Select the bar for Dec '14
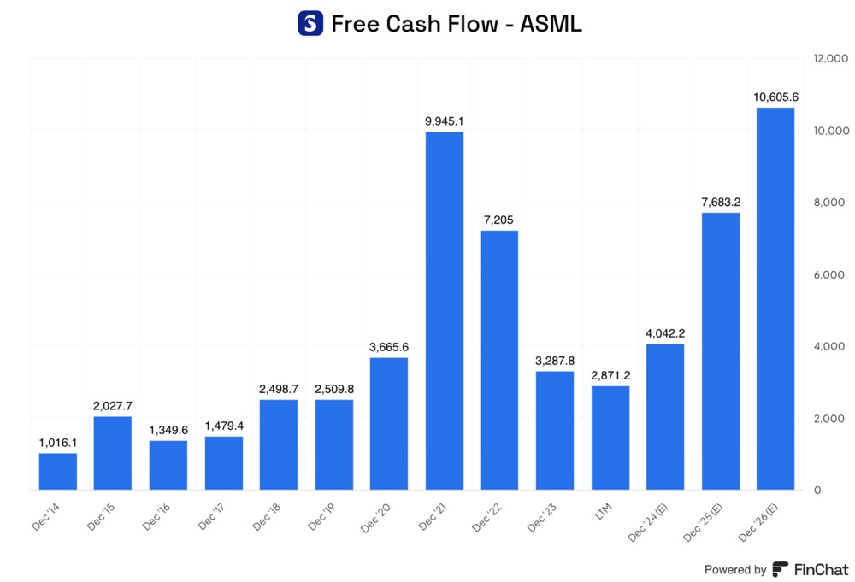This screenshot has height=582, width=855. [x=57, y=471]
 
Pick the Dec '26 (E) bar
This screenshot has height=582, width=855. [x=775, y=298]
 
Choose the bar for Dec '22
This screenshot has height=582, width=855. [x=499, y=360]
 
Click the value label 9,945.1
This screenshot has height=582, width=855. [x=444, y=121]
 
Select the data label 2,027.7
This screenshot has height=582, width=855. [x=113, y=406]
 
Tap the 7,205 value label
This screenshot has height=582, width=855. [x=499, y=220]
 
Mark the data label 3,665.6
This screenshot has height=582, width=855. [x=389, y=347]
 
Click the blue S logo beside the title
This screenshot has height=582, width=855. [x=310, y=23]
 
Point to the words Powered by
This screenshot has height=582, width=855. [x=734, y=570]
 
